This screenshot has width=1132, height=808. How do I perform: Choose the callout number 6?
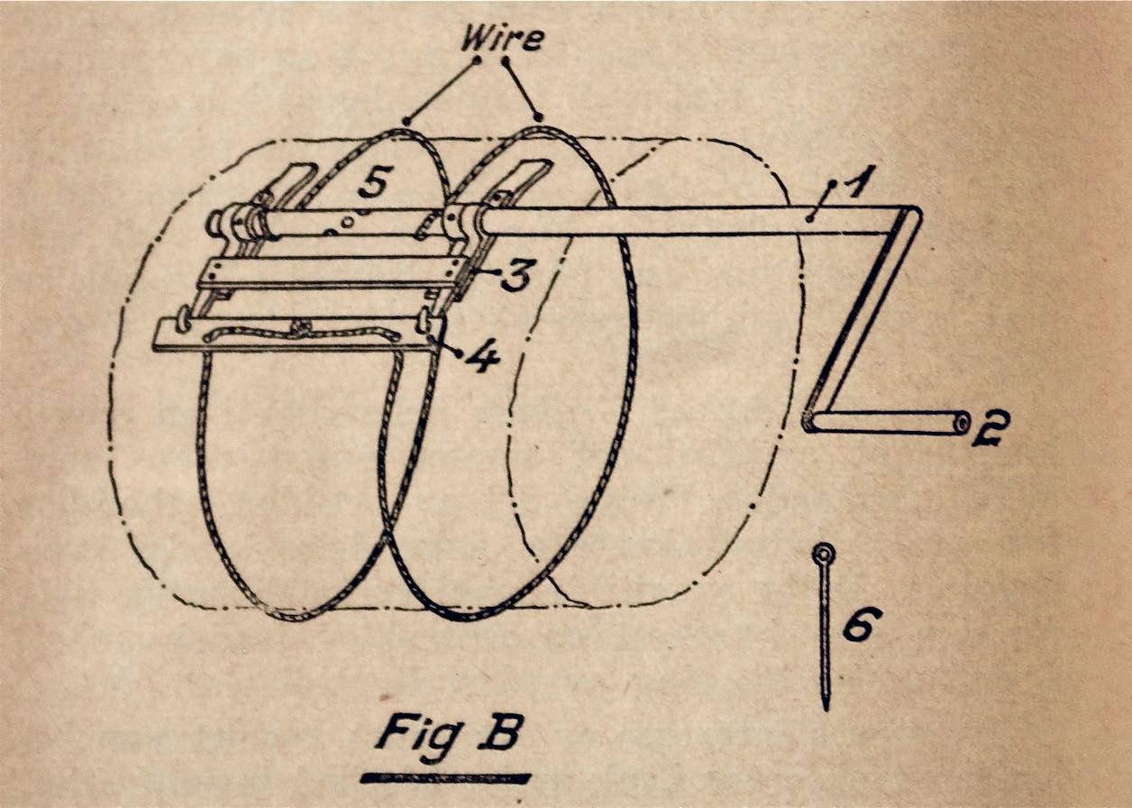coord(862,622)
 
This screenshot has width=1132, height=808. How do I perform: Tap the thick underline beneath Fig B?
coord(445,777)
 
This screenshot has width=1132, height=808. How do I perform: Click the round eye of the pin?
coord(823,553)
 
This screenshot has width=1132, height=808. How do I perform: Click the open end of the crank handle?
coord(963,422)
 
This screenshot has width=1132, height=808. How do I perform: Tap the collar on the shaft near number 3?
coord(459,219)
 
